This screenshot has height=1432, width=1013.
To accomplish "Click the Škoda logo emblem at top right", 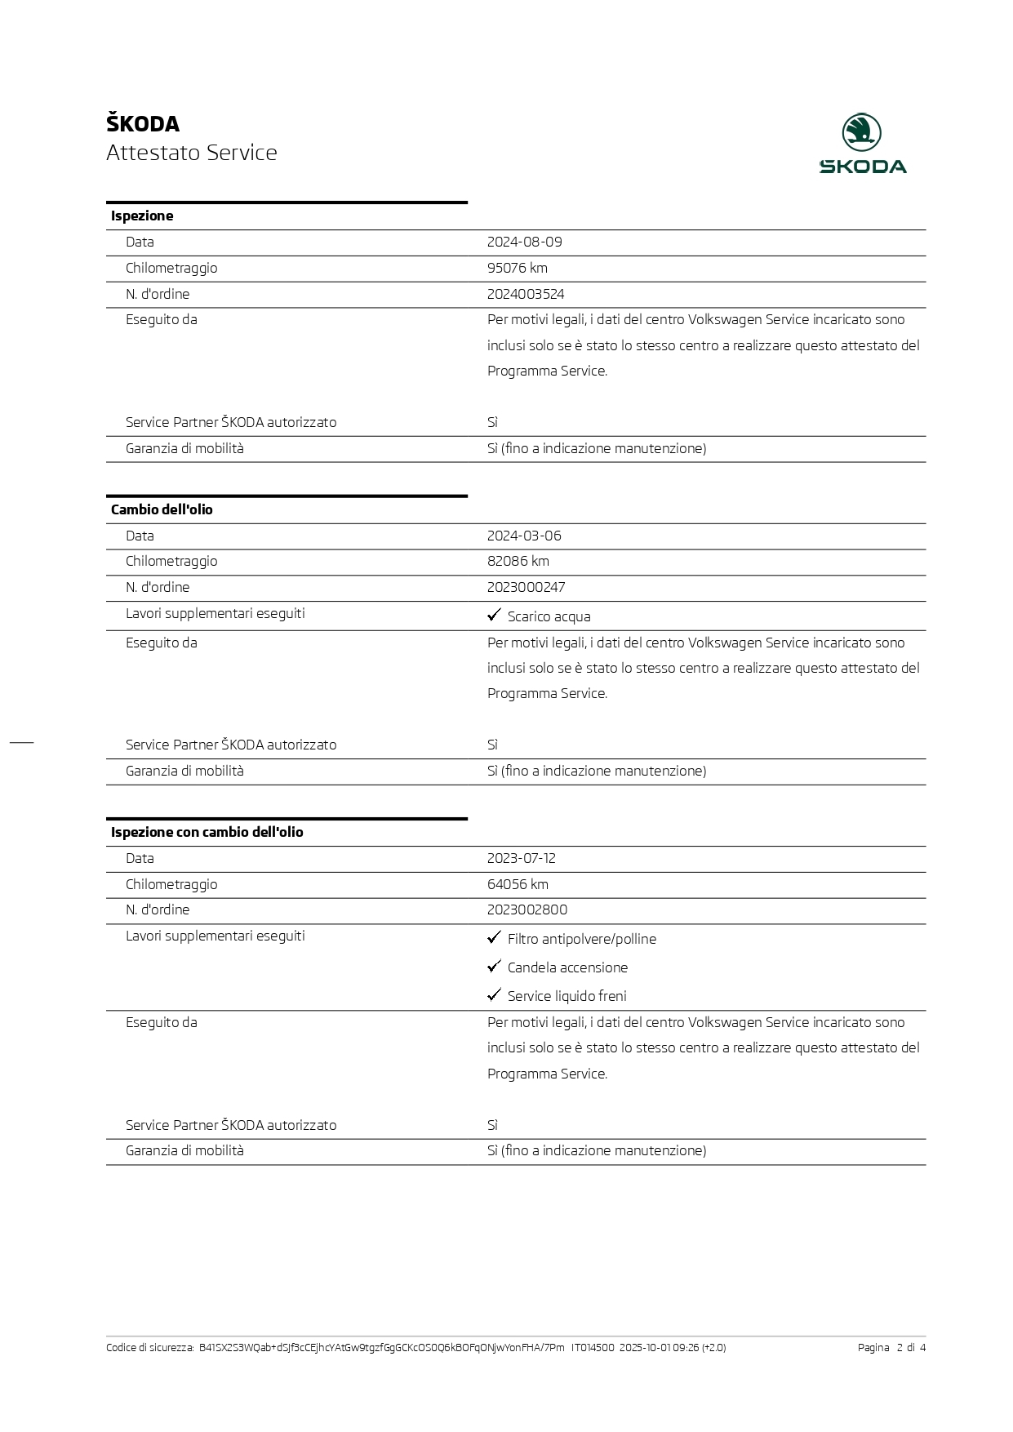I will click(x=861, y=132).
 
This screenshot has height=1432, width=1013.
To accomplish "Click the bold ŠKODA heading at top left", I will click(x=143, y=124).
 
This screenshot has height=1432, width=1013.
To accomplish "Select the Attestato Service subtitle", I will click(x=192, y=153).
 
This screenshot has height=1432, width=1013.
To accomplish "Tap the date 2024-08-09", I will click(x=524, y=242).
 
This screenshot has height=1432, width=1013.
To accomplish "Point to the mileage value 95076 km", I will click(x=518, y=268).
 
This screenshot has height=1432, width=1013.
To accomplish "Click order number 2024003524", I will click(x=526, y=294).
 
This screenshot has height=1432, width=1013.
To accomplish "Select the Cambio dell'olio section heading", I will click(x=162, y=509).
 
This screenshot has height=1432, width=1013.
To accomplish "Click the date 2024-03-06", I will click(x=524, y=536).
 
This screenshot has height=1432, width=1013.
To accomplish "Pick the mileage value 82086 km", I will click(x=518, y=561).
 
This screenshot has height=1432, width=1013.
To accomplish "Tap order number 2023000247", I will click(x=526, y=587).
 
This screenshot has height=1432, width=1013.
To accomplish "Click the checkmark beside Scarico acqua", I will click(x=494, y=615).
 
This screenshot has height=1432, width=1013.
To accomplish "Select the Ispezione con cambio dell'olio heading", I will click(x=207, y=832).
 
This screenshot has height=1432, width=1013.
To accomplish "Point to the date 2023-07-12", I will click(x=521, y=858).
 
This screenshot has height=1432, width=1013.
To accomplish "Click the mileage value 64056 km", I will click(x=518, y=884).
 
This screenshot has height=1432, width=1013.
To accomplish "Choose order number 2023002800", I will click(x=527, y=909).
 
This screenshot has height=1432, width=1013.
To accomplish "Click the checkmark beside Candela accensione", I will click(x=494, y=967).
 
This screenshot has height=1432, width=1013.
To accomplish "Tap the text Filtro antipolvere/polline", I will click(x=582, y=939).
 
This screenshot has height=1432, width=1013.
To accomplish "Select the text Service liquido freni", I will click(x=567, y=996).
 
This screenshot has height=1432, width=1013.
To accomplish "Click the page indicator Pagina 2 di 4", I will click(x=891, y=1348).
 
